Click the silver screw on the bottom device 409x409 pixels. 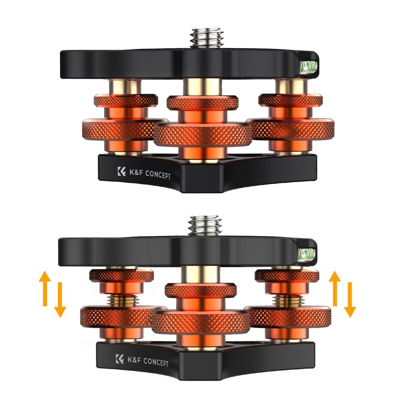pyautogui.click(x=204, y=226)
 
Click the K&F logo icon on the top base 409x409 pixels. pyautogui.click(x=122, y=171)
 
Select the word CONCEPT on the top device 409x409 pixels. pyautogui.click(x=158, y=175)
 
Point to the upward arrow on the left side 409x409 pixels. pyautogui.click(x=45, y=288)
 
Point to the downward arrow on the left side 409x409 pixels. pyautogui.click(x=60, y=300)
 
